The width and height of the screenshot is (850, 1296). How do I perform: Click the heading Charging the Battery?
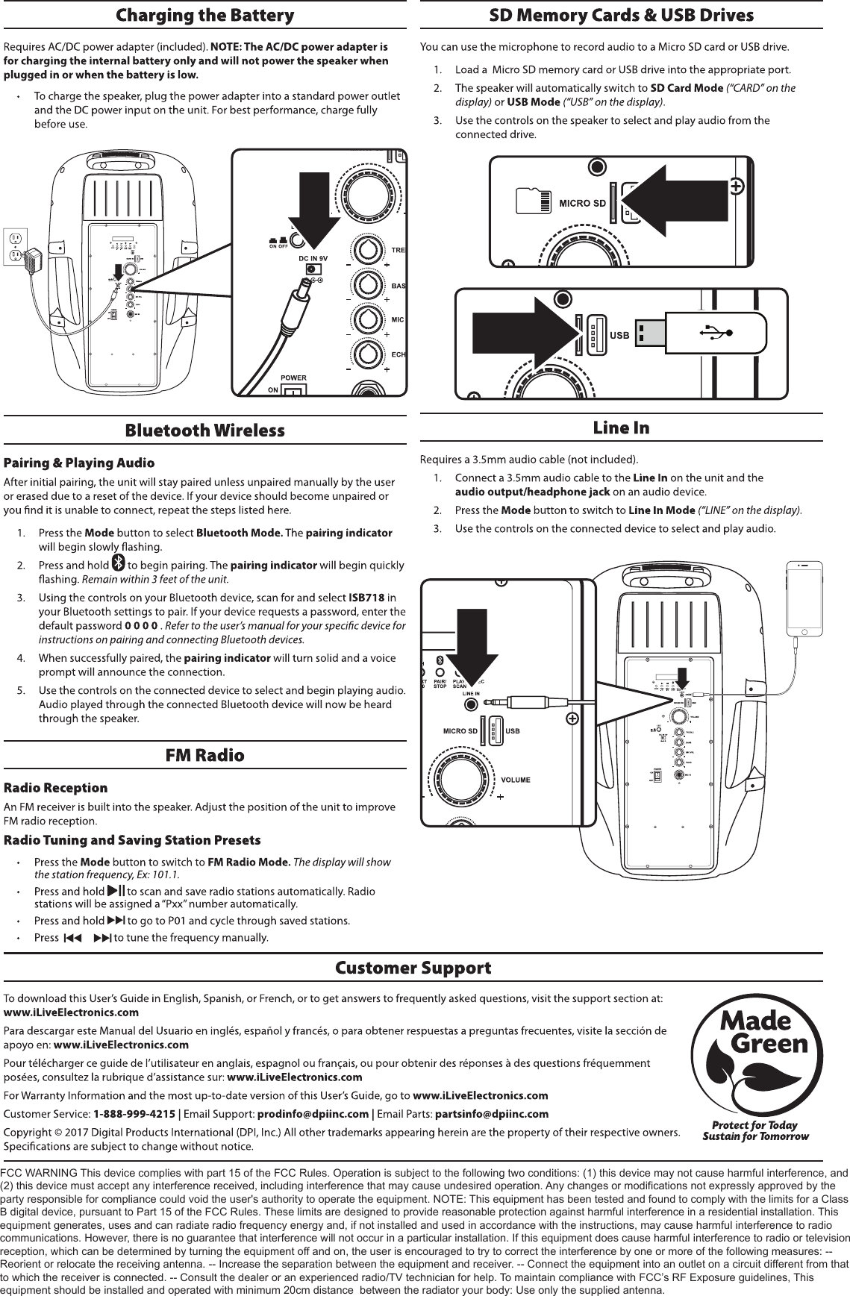[204, 16]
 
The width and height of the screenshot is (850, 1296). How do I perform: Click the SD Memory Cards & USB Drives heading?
[621, 16]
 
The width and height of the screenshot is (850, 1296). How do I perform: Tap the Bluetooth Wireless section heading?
[204, 431]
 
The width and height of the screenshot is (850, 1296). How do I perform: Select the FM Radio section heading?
[204, 755]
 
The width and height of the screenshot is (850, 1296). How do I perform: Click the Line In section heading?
[621, 428]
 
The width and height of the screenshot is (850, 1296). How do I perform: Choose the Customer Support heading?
[413, 968]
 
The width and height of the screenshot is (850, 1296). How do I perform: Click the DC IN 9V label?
[313, 258]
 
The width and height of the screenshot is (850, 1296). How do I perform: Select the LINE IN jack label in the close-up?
[470, 694]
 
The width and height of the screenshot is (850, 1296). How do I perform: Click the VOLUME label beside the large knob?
[516, 780]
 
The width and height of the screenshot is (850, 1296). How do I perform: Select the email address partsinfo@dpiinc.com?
[491, 1114]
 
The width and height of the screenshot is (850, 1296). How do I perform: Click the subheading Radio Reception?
[56, 788]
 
